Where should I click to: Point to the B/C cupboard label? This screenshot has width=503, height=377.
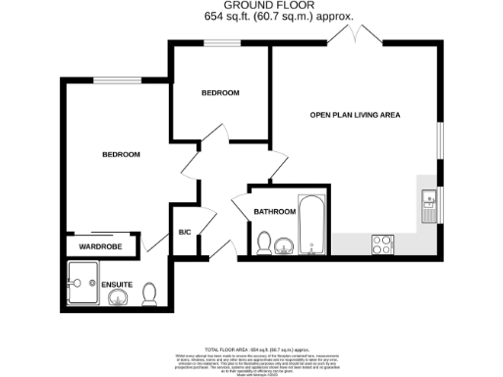(x=184, y=233)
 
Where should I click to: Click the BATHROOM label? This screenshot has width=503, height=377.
(x=274, y=211)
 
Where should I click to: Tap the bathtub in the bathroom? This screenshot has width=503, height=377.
(x=309, y=227)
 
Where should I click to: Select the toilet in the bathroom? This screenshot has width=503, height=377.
(x=263, y=243)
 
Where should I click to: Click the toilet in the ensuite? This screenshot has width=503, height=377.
(x=149, y=293)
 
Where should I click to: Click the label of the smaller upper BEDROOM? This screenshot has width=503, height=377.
(x=220, y=93)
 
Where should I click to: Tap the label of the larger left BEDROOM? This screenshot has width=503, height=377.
(x=122, y=154)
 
